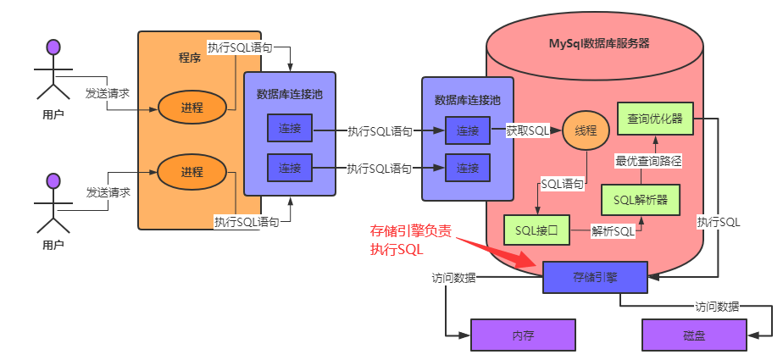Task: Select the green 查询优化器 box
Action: pos(655,119)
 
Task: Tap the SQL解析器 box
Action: pos(641,200)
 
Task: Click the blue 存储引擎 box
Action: pos(594,276)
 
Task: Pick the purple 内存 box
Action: pos(523,335)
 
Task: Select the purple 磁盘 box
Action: pos(694,335)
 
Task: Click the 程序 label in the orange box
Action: pos(189,58)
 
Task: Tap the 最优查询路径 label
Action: pos(648,160)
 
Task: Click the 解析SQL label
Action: pos(613,230)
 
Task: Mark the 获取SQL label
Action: pos(528,131)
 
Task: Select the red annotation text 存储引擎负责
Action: pos(405,231)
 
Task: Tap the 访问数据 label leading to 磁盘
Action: pos(716,307)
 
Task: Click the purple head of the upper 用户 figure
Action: pos(53,46)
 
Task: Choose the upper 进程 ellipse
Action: pos(192,108)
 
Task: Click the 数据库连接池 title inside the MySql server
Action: pos(467,99)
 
